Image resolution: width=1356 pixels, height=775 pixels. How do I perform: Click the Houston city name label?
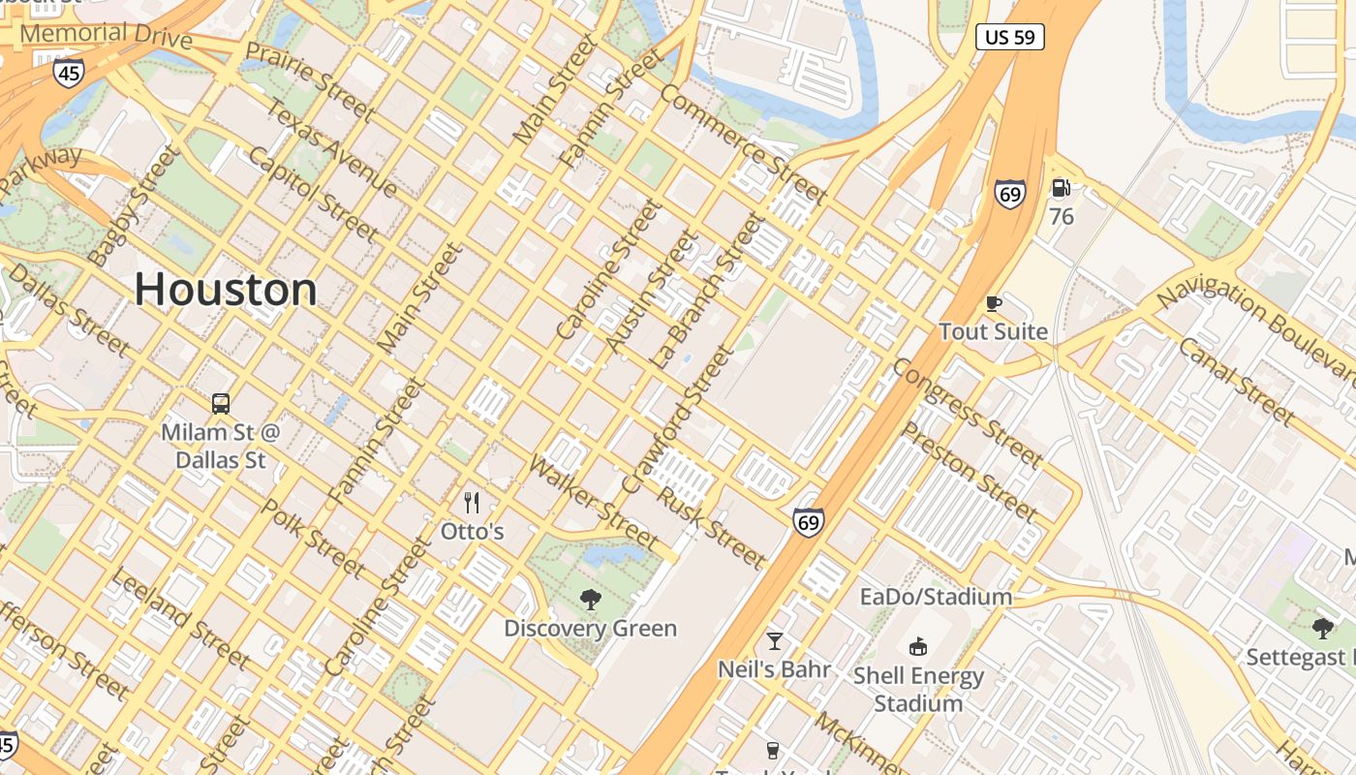pyautogui.click(x=226, y=290)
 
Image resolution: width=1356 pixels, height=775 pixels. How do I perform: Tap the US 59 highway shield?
pyautogui.click(x=1009, y=37)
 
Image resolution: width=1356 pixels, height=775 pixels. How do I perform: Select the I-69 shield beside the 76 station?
pyautogui.click(x=1009, y=194)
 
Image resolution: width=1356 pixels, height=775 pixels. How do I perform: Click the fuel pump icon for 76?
pyautogui.click(x=1062, y=188)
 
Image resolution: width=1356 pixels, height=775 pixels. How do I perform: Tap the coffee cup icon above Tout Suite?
pyautogui.click(x=993, y=303)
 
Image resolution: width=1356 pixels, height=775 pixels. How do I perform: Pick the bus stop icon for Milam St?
pyautogui.click(x=221, y=403)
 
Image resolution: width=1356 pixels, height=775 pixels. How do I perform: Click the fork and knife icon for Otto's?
pyautogui.click(x=472, y=502)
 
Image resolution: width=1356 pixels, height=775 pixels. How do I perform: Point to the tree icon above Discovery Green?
pyautogui.click(x=590, y=600)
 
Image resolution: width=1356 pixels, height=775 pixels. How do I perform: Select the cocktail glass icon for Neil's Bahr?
pyautogui.click(x=774, y=640)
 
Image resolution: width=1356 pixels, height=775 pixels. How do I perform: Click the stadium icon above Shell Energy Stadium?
pyautogui.click(x=917, y=646)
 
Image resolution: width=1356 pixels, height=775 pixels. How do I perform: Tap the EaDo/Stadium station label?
pyautogui.click(x=936, y=596)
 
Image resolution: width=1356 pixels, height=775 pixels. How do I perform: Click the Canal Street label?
pyautogui.click(x=1237, y=381)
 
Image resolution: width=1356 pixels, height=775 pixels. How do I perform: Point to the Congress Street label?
pyautogui.click(x=966, y=412)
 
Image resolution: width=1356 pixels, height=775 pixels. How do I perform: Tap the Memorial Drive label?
pyautogui.click(x=106, y=35)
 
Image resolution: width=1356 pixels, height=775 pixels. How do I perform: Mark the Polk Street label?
pyautogui.click(x=313, y=539)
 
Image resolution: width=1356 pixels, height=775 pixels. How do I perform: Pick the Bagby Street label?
pyautogui.click(x=133, y=205)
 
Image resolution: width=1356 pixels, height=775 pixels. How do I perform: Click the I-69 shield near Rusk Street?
pyautogui.click(x=808, y=523)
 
